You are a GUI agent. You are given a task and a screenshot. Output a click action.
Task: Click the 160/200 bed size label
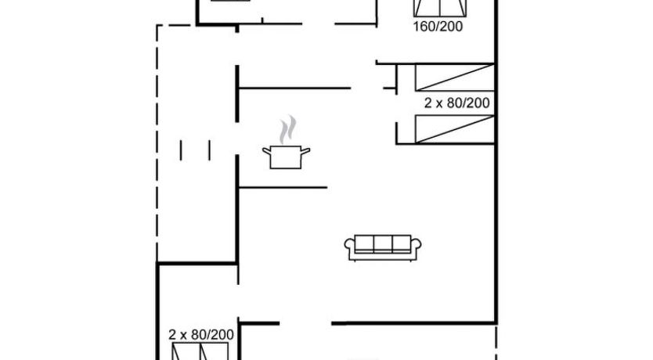(438, 27)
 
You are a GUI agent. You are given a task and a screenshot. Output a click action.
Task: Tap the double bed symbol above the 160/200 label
(440, 9)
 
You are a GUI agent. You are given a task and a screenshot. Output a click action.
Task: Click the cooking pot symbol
(286, 157)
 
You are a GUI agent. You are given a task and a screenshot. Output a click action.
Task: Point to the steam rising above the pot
(288, 129)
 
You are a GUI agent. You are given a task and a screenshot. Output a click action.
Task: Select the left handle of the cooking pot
(266, 152)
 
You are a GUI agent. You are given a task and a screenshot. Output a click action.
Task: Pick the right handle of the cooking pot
(305, 151)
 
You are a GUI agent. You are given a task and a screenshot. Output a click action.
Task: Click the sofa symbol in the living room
(383, 247)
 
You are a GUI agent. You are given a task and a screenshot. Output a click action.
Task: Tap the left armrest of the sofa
(349, 245)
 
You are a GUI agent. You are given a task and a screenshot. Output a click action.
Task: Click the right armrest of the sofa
(416, 245)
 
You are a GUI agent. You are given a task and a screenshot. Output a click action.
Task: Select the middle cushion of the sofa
(383, 244)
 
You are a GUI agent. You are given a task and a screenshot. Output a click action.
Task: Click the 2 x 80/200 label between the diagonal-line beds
(456, 103)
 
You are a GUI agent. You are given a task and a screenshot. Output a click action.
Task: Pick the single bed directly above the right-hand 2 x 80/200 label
(455, 77)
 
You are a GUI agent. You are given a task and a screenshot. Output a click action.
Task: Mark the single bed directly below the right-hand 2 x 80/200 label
(455, 129)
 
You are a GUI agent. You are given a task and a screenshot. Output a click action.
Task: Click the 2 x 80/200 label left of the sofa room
(200, 335)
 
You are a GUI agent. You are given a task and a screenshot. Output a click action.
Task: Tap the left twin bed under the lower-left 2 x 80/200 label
(185, 351)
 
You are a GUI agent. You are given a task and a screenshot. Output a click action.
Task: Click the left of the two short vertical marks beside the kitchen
(181, 150)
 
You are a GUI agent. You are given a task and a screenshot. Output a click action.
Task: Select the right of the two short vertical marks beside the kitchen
(210, 150)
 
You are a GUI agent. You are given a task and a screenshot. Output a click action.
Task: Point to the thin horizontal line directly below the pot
(283, 188)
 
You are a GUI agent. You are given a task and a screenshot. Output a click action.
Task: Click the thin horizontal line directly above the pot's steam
(294, 88)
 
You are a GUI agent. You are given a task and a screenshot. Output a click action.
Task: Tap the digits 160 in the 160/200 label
(424, 27)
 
